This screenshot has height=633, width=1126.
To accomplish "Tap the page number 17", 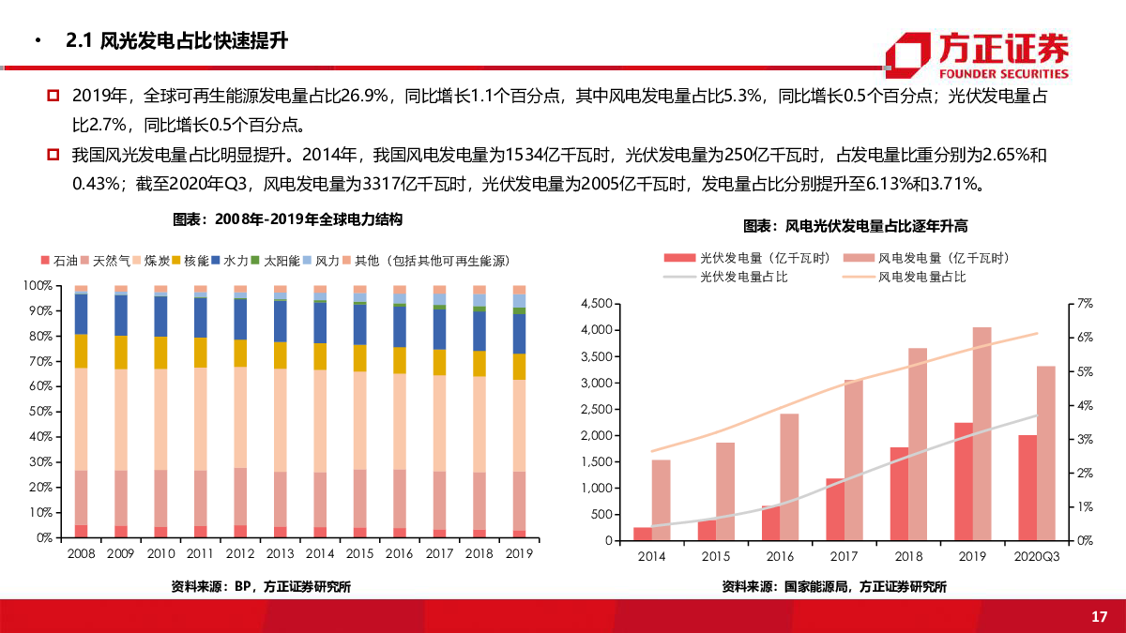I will click(x=1100, y=616).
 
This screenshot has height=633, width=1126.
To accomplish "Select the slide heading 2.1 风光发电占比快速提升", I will click(x=177, y=41).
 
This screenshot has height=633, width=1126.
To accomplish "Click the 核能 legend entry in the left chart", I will click(x=190, y=260).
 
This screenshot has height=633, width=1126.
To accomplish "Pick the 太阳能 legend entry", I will click(x=276, y=260).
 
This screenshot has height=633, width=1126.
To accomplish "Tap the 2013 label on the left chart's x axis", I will click(x=280, y=553).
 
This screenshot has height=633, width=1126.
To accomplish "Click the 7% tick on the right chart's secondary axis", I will click(x=1086, y=304).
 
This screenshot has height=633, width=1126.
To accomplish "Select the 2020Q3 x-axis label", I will click(x=1037, y=556).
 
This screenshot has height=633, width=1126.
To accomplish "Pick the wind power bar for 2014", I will click(x=662, y=500).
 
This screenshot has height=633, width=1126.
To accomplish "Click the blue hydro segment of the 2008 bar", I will click(x=82, y=314).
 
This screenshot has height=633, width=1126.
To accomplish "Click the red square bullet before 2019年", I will click(x=53, y=96).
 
